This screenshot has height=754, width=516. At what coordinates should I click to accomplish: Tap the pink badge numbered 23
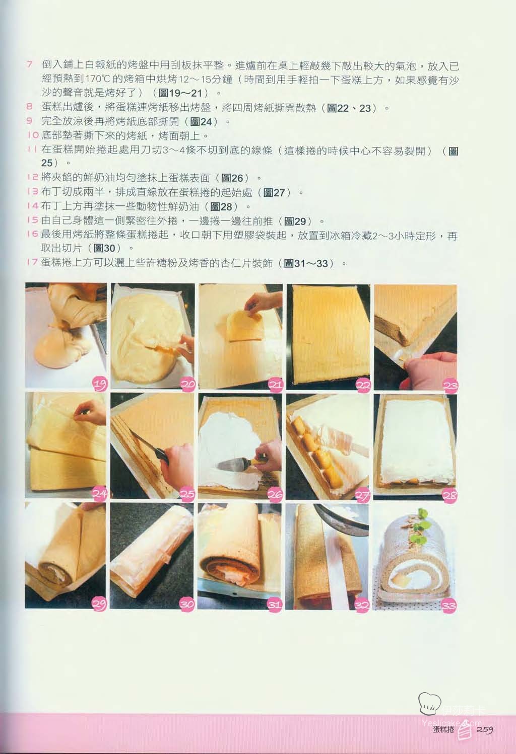point(450,386)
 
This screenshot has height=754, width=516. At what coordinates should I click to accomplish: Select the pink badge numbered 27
point(362,495)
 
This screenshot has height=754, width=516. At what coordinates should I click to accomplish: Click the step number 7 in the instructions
point(30,64)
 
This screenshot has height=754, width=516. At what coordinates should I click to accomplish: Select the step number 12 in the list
point(33,177)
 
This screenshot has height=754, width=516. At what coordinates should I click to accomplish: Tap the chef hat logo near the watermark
point(429,704)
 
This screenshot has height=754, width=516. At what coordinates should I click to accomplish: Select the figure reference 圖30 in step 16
point(104,249)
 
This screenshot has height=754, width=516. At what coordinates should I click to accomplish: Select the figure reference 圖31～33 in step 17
point(306,263)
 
